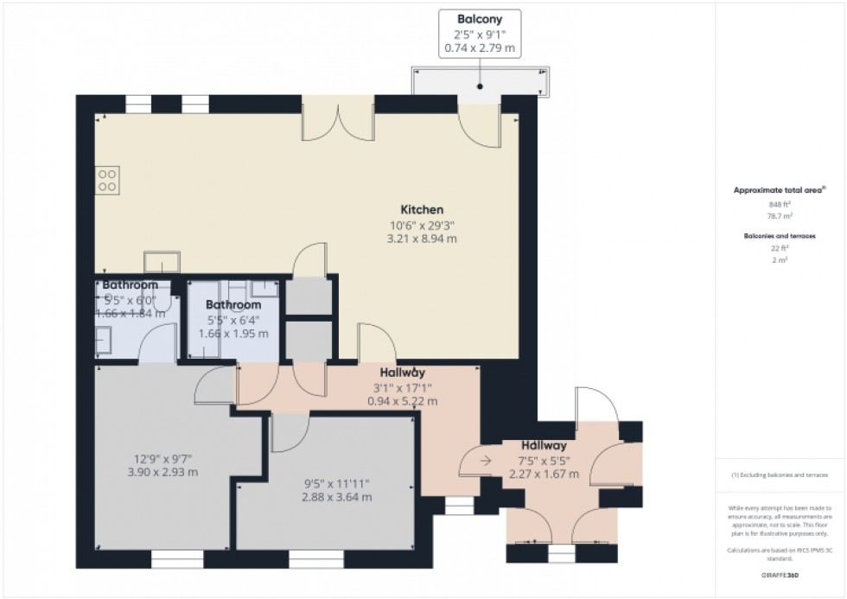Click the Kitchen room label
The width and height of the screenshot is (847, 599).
tap(422, 210)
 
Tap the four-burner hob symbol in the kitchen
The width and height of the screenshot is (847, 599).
tap(108, 180)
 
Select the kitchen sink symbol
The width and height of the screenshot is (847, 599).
tap(162, 262)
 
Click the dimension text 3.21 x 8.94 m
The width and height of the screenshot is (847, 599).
tap(422, 239)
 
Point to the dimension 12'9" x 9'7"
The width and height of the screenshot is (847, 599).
tap(163, 458)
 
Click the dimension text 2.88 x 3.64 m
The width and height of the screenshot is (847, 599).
tap(337, 497)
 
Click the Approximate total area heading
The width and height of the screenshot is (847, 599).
tap(778, 189)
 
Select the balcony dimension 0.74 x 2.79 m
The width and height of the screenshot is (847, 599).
tap(480, 49)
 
